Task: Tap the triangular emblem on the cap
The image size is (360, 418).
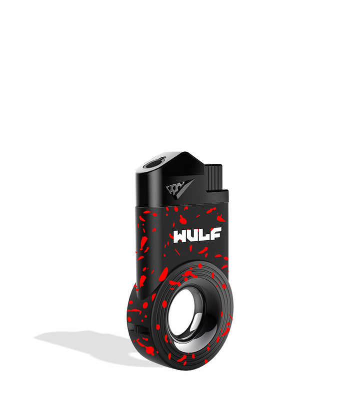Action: click(179, 189)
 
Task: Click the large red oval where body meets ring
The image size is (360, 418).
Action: click(163, 274)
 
